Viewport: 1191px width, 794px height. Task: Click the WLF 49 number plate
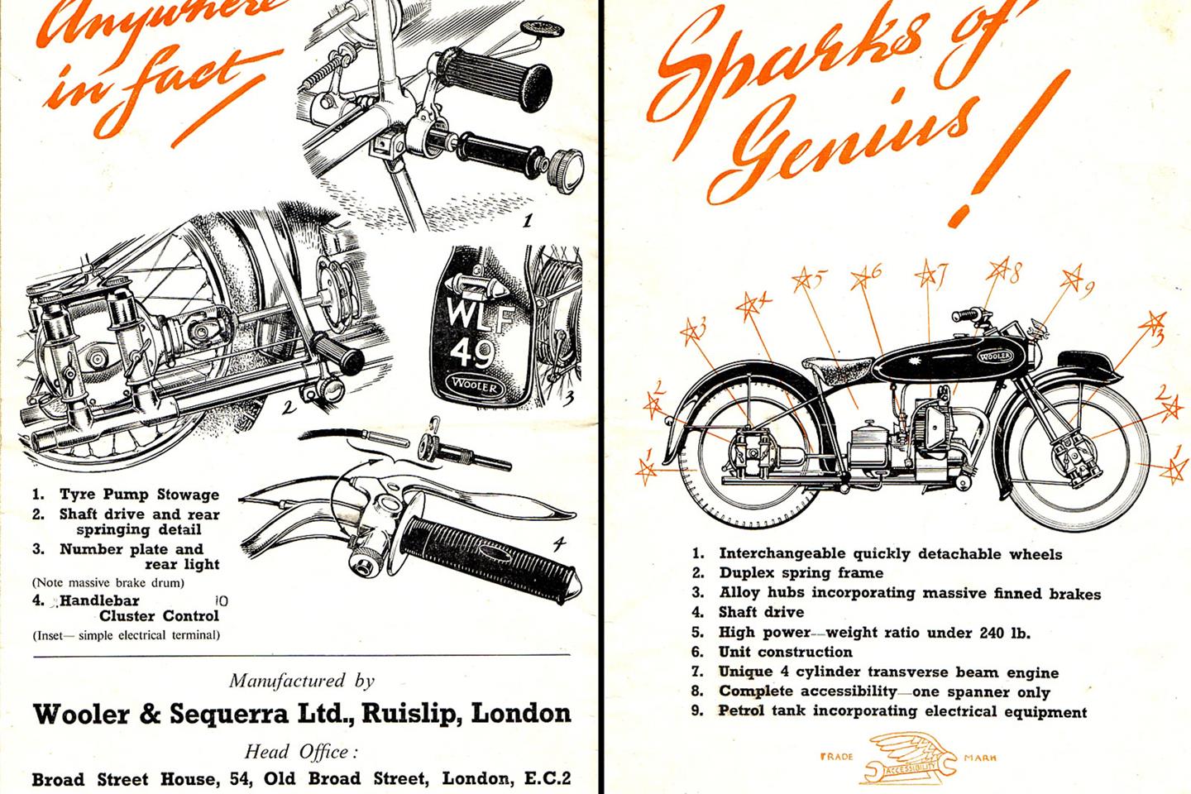tap(471, 336)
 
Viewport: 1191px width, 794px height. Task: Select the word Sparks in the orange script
tap(794, 66)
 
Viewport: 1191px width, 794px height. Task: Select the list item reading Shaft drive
tap(760, 612)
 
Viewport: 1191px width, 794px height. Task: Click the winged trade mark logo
tap(907, 758)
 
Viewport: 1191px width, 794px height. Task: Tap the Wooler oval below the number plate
tap(471, 386)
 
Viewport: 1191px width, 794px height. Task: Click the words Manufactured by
tap(301, 681)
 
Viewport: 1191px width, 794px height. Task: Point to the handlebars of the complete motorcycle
tap(976, 316)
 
